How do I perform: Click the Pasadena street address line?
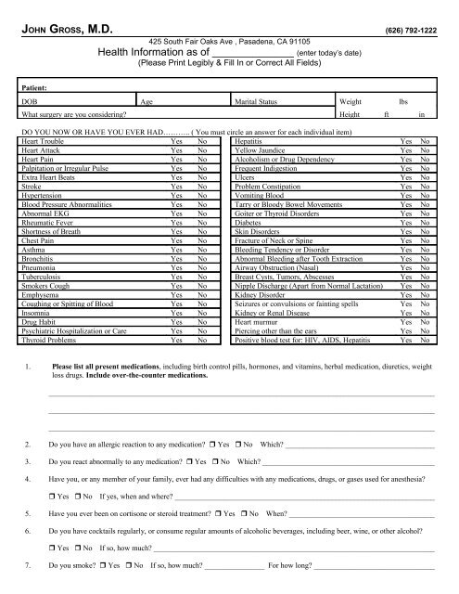point(229,45)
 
